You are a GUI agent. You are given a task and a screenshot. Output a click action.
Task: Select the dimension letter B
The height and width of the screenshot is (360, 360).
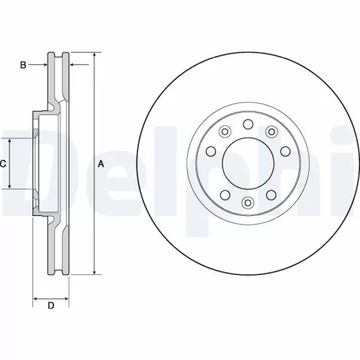(23, 66)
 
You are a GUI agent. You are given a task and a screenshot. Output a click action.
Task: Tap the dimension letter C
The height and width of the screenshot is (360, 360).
(3, 163)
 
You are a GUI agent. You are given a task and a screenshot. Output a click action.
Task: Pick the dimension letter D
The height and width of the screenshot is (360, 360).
(51, 307)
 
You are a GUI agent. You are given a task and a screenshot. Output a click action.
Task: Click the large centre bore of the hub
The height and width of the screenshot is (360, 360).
(248, 163)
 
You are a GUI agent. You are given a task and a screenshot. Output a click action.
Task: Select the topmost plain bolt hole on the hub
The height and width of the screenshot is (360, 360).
(248, 125)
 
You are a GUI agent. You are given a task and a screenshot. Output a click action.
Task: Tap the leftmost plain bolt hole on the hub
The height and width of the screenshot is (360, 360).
(211, 151)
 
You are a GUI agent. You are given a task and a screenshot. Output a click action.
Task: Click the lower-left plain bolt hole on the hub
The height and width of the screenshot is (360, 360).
(225, 195)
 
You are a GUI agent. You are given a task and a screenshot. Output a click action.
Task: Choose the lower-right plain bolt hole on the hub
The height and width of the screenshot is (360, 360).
(271, 195)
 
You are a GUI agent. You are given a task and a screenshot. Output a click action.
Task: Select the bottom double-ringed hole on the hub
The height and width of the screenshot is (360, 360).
(248, 202)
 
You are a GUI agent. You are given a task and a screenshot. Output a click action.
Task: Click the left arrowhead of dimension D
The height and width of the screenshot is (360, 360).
(36, 297)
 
